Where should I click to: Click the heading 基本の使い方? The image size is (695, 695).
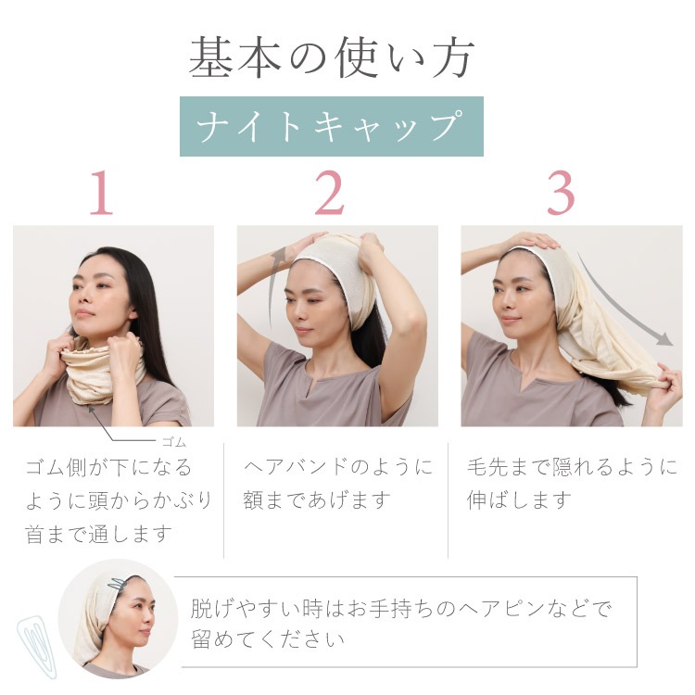coord(332,57)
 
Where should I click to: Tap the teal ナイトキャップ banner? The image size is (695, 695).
coord(332,126)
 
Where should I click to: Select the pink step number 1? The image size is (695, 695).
coord(102,193)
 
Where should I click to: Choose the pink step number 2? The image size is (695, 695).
coord(330,193)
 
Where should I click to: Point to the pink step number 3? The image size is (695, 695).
coord(562,193)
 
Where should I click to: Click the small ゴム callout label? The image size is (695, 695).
coord(174,442)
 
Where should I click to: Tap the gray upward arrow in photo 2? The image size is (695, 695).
coord(274,284)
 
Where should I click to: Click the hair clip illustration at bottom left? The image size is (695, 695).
coord(37,646)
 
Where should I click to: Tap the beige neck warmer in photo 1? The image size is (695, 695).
coord(103,372)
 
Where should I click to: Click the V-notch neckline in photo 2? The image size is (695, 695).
coord(315,386)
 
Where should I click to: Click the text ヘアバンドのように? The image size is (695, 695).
coord(338,467)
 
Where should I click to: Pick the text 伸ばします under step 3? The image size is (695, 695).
coord(520,500)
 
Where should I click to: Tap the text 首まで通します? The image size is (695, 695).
coord(98,534)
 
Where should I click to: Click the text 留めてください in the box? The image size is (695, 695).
coord(268,638)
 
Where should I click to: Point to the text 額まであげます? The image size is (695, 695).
coord(317,500)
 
